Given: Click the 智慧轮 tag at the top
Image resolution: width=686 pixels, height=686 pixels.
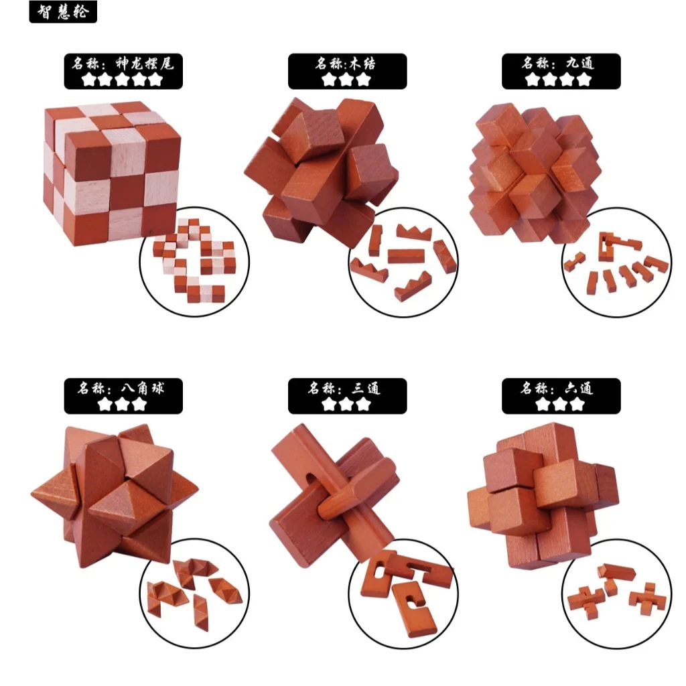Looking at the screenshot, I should (63, 12).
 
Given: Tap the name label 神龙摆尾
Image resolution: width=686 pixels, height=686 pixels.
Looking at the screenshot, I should (123, 64).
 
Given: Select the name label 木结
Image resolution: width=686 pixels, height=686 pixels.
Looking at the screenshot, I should (347, 64).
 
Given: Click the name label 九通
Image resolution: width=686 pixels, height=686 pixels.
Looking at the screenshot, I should (561, 64).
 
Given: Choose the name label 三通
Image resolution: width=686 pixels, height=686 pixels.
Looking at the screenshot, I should (347, 389).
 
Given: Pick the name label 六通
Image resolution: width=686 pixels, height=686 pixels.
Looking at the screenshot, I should (561, 389).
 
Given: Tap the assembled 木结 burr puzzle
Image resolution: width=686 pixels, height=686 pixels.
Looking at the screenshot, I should (315, 167).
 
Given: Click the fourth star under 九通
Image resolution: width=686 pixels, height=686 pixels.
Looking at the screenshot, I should (585, 80).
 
